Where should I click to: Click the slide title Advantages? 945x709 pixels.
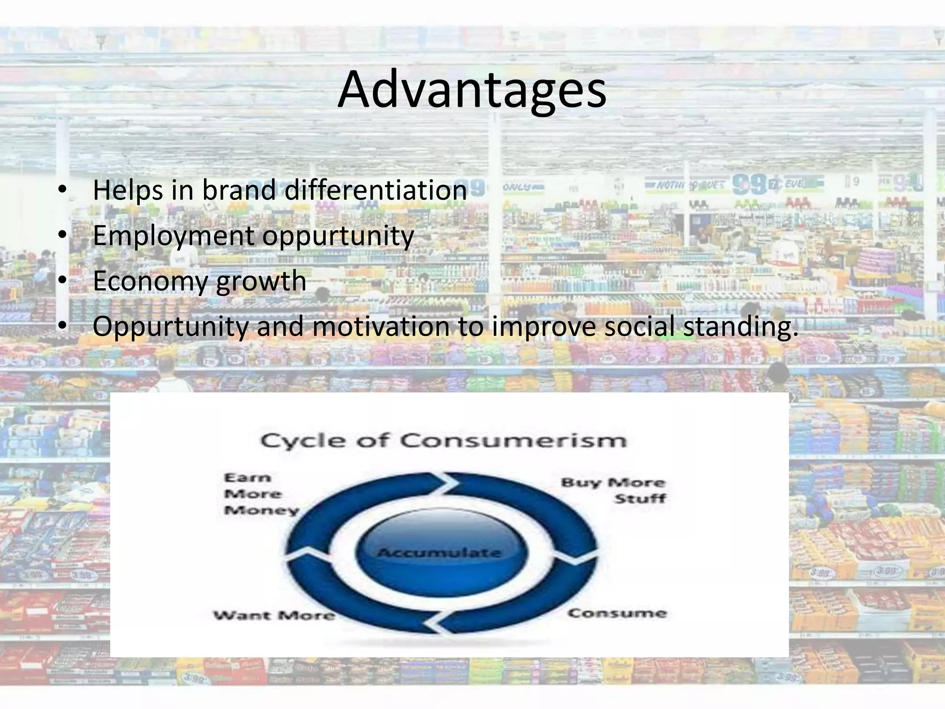pos(472,90)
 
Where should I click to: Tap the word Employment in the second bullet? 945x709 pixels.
pos(173,235)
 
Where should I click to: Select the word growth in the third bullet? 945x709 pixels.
pos(261,281)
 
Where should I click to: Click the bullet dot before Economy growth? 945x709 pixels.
pos(63,281)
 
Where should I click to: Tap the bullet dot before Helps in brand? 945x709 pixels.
pos(63,190)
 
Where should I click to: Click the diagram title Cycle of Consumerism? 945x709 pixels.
pos(443,440)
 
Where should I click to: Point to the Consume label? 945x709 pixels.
pos(617,613)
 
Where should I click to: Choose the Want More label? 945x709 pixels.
pos(274,615)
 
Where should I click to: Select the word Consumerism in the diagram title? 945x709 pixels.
pos(513,440)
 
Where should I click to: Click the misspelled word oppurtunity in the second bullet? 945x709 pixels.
pos(338,235)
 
